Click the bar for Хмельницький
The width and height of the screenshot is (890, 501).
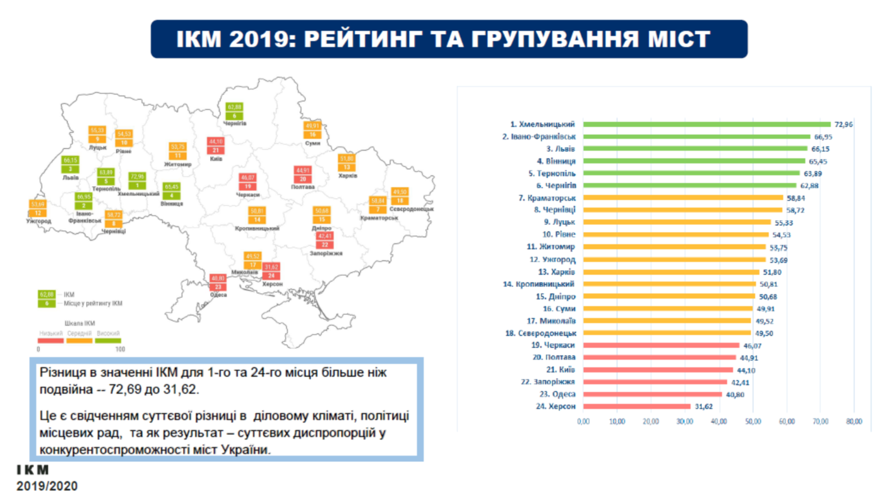coord(707,124)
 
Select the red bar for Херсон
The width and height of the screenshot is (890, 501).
coord(637,406)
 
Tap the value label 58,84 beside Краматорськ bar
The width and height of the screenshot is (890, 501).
coord(795,197)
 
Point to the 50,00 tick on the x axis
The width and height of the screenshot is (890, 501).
coord(752,421)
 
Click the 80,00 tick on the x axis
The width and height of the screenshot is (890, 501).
coord(853,421)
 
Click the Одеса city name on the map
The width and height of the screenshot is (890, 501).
coord(218,295)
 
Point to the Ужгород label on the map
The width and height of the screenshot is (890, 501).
coord(39,221)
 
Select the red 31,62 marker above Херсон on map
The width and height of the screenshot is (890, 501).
coord(271,268)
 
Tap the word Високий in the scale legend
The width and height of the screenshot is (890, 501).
coord(108,333)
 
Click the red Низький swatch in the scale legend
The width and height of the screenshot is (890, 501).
coord(51,341)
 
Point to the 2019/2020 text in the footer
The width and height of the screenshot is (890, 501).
coord(47,486)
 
